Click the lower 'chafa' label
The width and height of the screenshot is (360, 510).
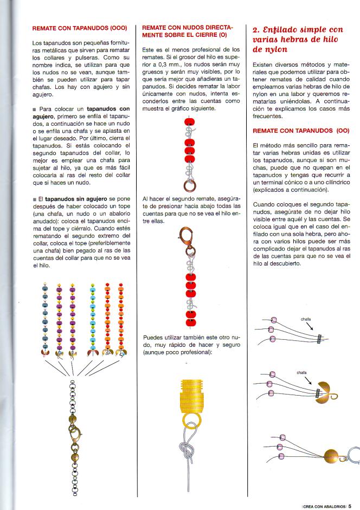(x=301, y=373)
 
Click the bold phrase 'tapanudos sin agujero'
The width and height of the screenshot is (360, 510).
(x=73, y=199)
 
